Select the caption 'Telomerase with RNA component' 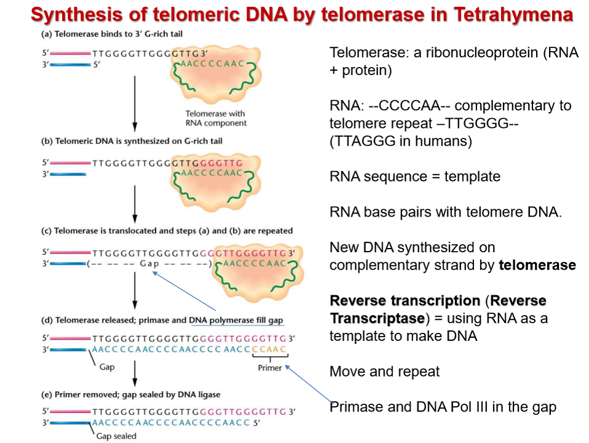coord(215,118)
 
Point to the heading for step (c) coord(165,231)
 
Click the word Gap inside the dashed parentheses coord(150,265)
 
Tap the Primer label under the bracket coord(270,368)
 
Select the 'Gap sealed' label coord(117,436)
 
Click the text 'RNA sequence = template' coord(415,177)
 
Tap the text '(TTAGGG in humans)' coord(401,141)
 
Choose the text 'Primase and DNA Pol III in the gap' coord(443,407)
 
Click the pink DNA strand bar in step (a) coord(69,53)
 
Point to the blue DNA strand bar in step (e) coord(69,422)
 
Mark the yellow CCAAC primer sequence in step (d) coord(270,350)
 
